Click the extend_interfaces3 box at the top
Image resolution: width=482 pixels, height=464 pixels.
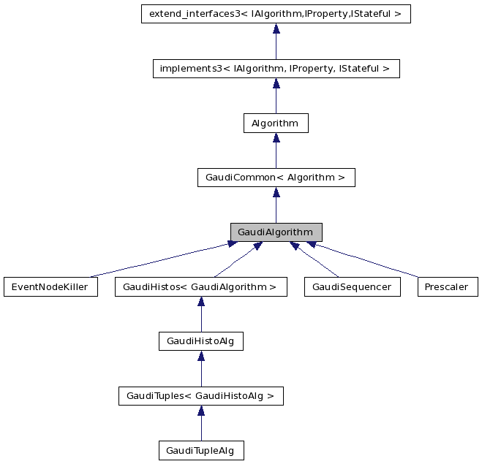pyautogui.click(x=276, y=14)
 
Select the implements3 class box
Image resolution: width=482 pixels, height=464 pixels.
pyautogui.click(x=276, y=69)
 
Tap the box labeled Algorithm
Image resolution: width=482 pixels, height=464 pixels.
pyautogui.click(x=276, y=123)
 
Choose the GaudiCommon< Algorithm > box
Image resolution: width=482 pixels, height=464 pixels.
pyautogui.click(x=276, y=178)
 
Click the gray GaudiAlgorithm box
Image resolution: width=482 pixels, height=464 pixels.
pyautogui.click(x=276, y=232)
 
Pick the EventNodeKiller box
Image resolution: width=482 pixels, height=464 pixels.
pyautogui.click(x=50, y=287)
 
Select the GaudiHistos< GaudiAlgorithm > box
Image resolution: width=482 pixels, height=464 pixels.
pyautogui.click(x=200, y=287)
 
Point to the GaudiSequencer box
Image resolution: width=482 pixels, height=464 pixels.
pyautogui.click(x=353, y=287)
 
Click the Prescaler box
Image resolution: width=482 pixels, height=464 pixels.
pyautogui.click(x=448, y=287)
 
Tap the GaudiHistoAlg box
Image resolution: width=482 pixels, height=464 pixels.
pyautogui.click(x=200, y=341)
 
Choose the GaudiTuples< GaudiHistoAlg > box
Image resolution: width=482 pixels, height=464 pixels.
pyautogui.click(x=200, y=396)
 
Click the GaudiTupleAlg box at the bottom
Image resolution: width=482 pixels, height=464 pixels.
pyautogui.click(x=200, y=451)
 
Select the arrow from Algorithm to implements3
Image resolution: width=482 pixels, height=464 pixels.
pyautogui.click(x=276, y=96)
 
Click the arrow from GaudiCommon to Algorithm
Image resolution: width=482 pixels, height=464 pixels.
pyautogui.click(x=276, y=151)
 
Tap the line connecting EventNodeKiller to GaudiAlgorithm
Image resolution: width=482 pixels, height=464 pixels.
pyautogui.click(x=161, y=260)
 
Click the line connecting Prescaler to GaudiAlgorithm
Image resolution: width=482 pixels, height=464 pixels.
pyautogui.click(x=366, y=261)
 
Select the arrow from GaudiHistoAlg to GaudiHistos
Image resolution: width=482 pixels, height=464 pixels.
pyautogui.click(x=200, y=315)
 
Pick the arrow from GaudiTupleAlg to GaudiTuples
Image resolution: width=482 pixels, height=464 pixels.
pyautogui.click(x=200, y=424)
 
